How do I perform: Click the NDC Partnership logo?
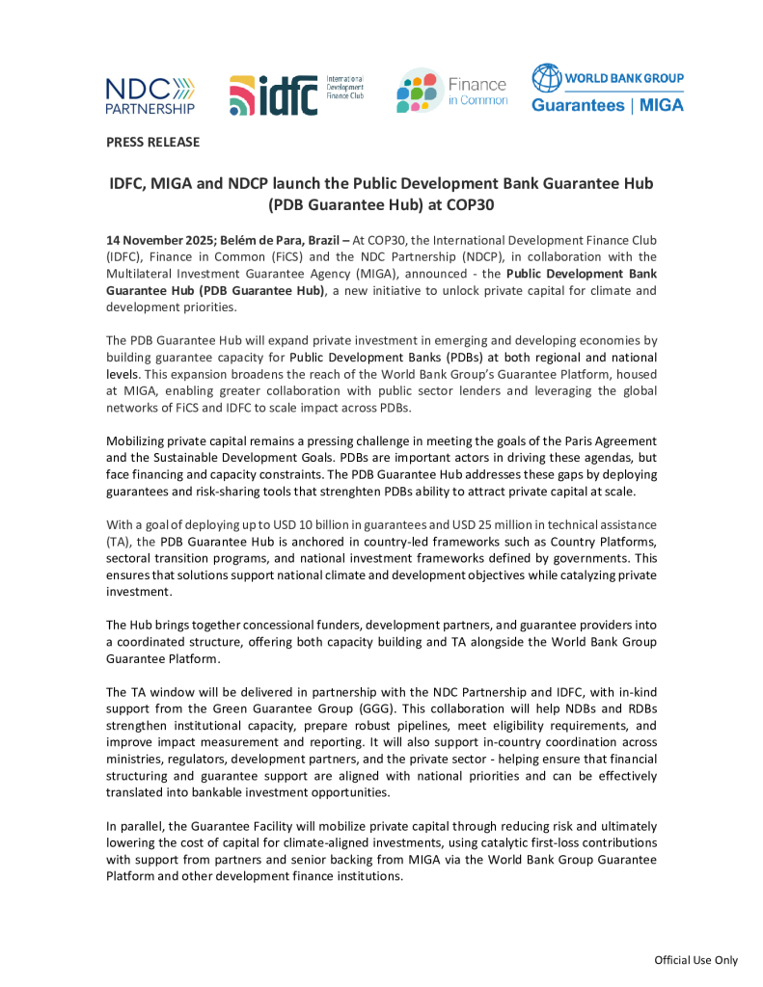[x=150, y=94]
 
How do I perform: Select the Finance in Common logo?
[x=451, y=92]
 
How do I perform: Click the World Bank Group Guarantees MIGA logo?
[x=608, y=89]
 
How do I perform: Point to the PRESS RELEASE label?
[x=152, y=143]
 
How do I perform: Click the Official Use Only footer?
[x=695, y=960]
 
